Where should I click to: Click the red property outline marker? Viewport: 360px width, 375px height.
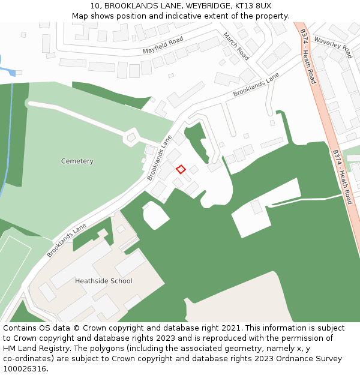click(x=181, y=169)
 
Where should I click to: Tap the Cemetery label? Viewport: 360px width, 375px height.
click(x=77, y=161)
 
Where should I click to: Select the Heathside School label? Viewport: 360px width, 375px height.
click(x=104, y=281)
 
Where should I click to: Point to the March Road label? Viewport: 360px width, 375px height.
click(x=236, y=46)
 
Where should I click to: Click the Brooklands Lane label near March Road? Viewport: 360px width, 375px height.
click(x=256, y=86)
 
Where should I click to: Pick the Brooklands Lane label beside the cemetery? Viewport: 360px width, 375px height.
click(x=160, y=158)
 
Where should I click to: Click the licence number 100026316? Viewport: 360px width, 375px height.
click(x=24, y=368)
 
